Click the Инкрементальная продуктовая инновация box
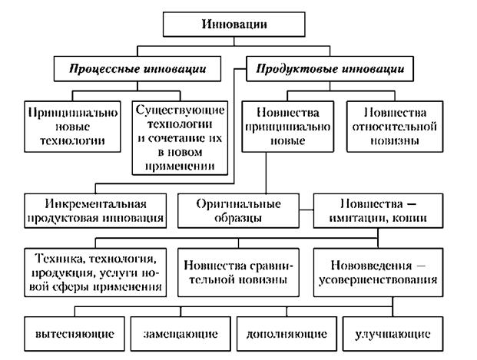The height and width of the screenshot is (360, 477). point(95,210)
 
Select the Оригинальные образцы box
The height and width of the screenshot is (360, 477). point(243,210)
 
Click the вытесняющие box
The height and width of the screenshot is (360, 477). point(75,335)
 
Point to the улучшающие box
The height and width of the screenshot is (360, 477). point(393,335)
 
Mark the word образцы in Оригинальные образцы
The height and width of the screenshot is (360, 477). point(243,218)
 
